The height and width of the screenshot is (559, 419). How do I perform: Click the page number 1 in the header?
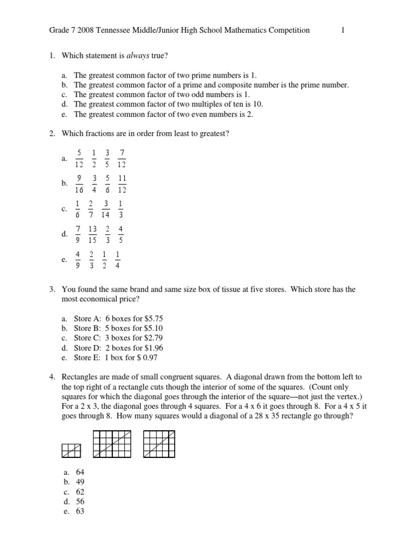[343, 31]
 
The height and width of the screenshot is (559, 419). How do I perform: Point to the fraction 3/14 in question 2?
[106, 209]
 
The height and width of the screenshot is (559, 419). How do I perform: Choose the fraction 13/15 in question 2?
[92, 234]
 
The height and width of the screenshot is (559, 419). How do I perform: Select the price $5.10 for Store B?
[152, 328]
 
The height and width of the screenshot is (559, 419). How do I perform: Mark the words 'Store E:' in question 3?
[87, 358]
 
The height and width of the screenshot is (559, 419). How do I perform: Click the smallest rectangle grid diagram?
[71, 450]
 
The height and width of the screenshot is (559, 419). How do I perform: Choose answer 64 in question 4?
[80, 472]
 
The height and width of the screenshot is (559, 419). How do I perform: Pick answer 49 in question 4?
[80, 482]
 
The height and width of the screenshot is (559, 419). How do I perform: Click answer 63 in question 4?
[80, 512]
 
